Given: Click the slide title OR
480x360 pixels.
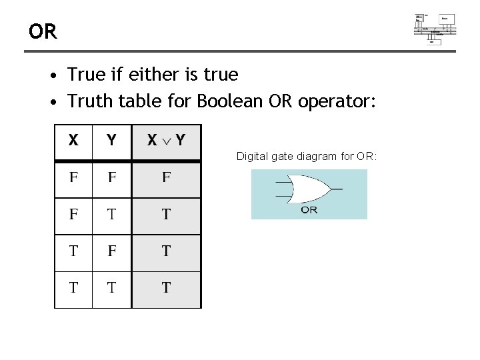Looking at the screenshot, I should coord(43,31).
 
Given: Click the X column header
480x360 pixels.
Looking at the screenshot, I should coord(73,141).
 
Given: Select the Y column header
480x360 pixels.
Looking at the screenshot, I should coord(111,141).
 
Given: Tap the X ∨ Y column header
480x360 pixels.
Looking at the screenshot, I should coord(166,141).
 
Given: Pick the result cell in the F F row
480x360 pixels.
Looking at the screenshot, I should coord(166,178).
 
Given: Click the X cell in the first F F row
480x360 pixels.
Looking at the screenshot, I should coord(73,178).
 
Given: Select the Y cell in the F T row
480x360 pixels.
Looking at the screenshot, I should coord(111,215).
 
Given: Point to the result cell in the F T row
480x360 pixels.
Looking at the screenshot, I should coord(166,215).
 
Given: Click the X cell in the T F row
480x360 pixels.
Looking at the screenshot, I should coord(73,251).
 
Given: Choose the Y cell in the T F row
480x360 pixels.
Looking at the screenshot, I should coord(111,251).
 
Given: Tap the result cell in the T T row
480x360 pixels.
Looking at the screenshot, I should coord(166,288).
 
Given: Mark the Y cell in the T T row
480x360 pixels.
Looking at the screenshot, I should coord(111,288).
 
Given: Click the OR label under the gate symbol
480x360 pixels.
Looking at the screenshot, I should coord(309,210).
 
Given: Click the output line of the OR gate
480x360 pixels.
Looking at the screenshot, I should coord(336,189).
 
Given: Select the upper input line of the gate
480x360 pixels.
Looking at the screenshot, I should coord(283,182).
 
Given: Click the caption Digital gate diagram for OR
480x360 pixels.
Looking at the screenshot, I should coord(307,157).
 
